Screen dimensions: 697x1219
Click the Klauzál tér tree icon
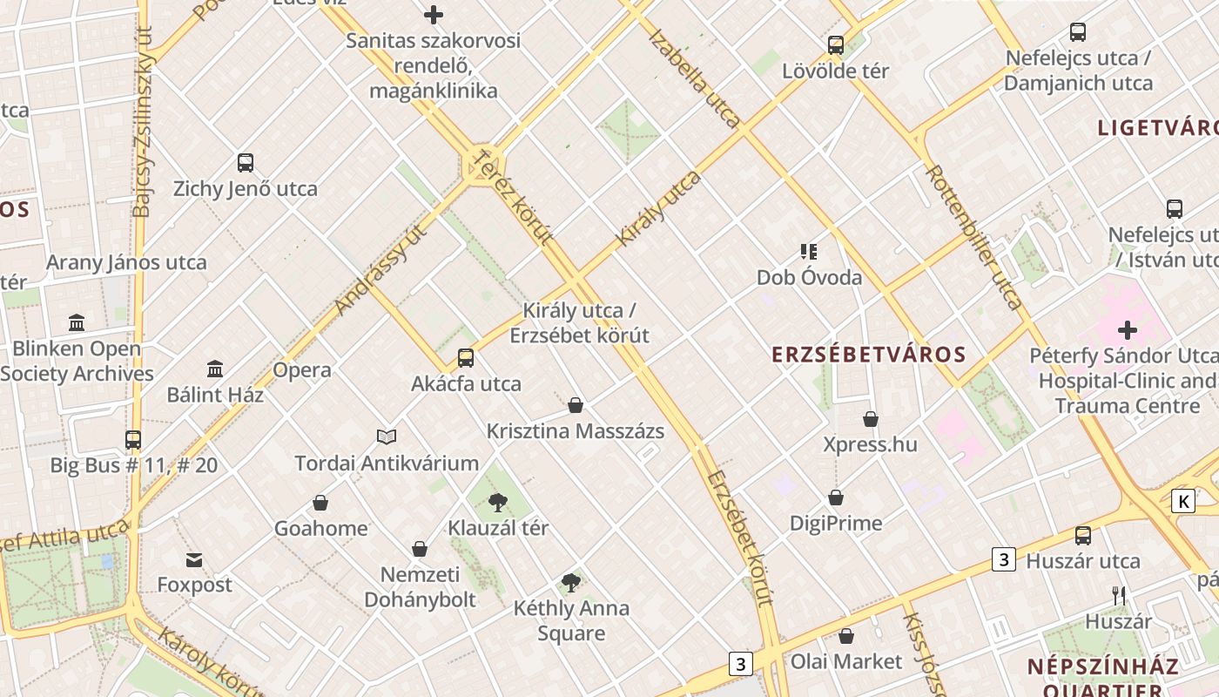tap(498, 502)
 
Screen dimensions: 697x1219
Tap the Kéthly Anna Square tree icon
tap(571, 582)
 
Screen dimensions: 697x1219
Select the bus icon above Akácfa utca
tap(466, 357)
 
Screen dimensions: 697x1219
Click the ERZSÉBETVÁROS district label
tap(870, 355)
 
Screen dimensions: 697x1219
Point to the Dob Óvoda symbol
tap(809, 252)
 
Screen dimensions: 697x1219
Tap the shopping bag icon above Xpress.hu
tap(870, 419)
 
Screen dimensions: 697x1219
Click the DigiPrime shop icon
tap(836, 497)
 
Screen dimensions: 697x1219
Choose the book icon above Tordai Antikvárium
tap(387, 436)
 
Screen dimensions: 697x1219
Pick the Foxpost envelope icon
tap(193, 559)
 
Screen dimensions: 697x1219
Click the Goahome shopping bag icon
tap(320, 503)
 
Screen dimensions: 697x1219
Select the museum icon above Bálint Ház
tap(215, 369)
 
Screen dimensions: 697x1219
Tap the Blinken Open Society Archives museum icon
tap(77, 323)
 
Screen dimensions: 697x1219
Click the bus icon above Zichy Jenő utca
tap(246, 163)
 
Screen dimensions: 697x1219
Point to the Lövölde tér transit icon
tap(836, 44)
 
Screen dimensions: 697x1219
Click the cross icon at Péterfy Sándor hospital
tap(1128, 330)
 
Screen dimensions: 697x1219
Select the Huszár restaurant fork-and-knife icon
tap(1119, 596)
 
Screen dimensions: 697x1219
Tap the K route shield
tap(1182, 501)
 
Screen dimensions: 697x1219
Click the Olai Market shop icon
tap(845, 636)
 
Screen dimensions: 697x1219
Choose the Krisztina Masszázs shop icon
tap(575, 405)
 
